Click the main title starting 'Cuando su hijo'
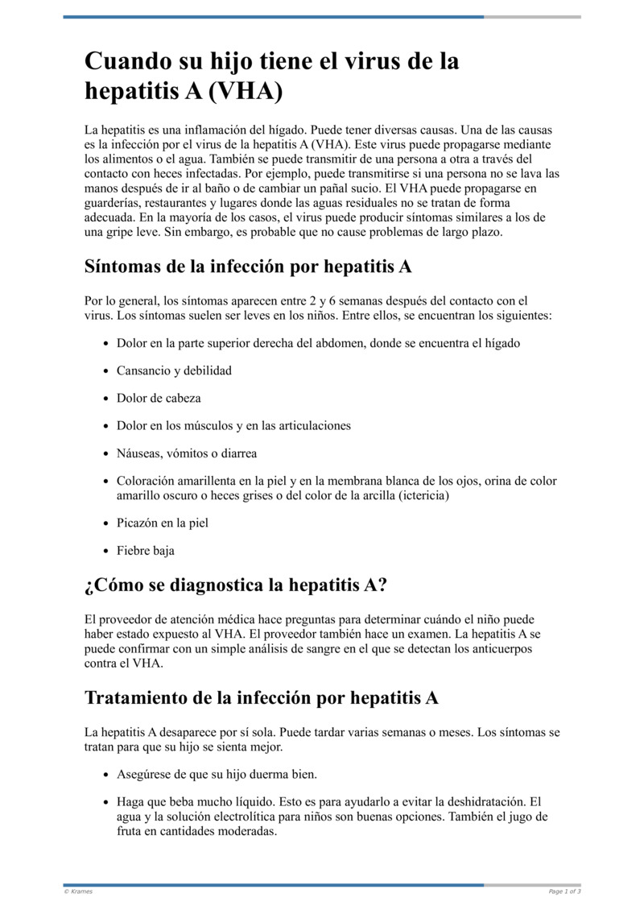pos(272,76)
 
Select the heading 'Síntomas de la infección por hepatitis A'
pos(248,266)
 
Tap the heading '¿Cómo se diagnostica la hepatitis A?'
pos(236,585)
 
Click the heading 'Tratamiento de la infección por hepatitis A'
pos(262,697)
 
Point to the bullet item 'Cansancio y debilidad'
pos(174,370)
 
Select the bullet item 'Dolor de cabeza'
pos(159,398)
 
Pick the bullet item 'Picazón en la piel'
pos(163,523)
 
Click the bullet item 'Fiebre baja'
pos(146,551)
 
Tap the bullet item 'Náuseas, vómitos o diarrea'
pos(187,453)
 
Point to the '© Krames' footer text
pos(78,891)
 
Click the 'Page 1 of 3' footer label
pos(564,891)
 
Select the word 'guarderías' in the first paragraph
pos(114,203)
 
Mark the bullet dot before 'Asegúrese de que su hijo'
pos(107,775)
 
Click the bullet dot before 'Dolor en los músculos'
pos(107,426)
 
